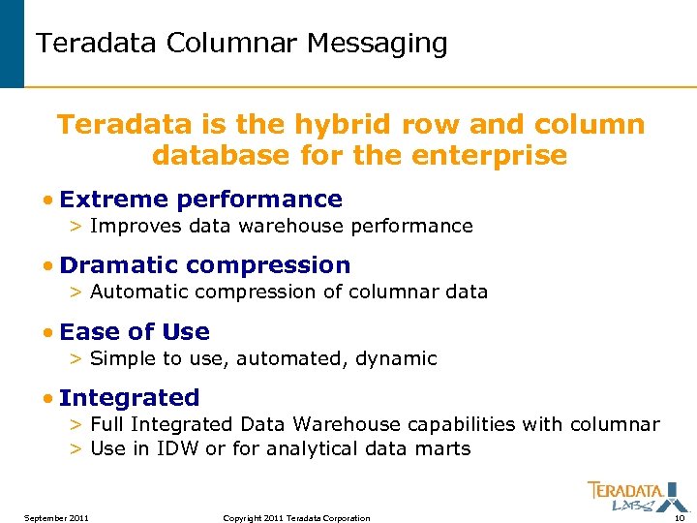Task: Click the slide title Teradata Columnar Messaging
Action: coord(241,44)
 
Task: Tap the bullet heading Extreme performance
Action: coord(200,200)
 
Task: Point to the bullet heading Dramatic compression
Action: coord(204,265)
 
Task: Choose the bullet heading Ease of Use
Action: coord(134,332)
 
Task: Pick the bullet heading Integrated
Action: coord(129,398)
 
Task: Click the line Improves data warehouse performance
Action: coord(281,227)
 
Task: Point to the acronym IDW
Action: coord(179,448)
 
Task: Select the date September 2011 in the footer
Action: coord(57,518)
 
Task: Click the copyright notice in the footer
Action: coord(296,518)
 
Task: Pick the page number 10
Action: coord(679,518)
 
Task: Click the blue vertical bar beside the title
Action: coord(12,44)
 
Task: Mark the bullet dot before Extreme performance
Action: coord(47,200)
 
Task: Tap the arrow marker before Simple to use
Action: coord(76,359)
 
